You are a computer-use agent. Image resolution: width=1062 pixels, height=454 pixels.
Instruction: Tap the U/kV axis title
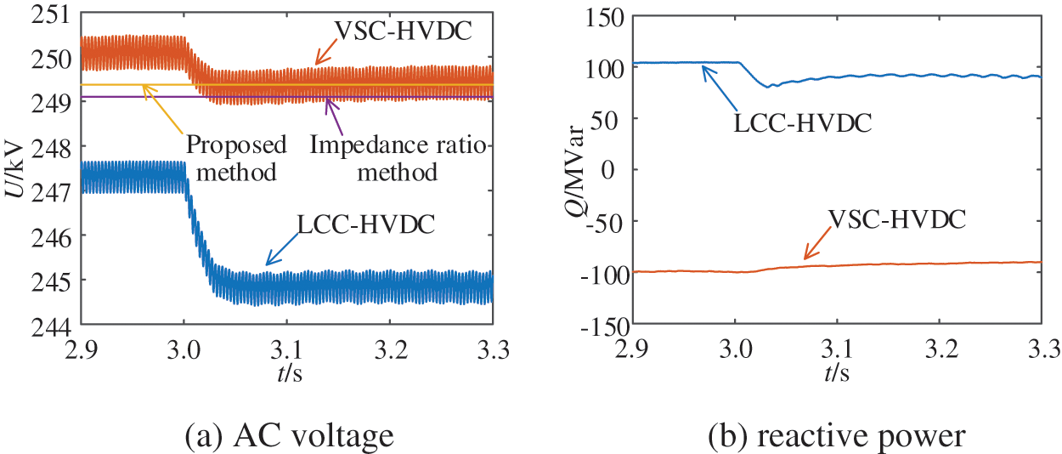tap(15, 170)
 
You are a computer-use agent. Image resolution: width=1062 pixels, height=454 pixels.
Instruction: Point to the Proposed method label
tap(237, 158)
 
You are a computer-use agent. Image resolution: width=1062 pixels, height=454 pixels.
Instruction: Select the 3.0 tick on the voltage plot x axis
tap(184, 349)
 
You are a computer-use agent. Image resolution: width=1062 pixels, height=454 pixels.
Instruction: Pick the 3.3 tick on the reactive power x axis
tap(1040, 349)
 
